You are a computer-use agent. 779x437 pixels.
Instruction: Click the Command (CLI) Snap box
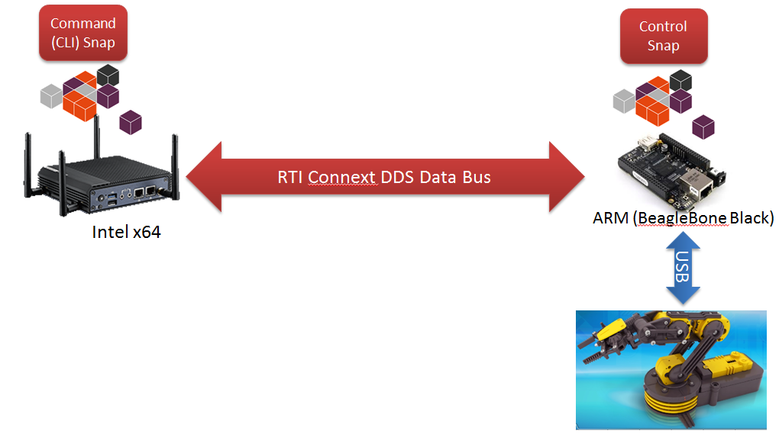(82, 34)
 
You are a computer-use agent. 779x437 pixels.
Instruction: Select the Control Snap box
(663, 36)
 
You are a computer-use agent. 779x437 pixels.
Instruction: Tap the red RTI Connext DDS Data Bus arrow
(384, 177)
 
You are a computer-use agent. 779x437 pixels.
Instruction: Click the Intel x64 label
(126, 232)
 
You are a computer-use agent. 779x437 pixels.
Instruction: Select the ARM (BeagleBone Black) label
(684, 219)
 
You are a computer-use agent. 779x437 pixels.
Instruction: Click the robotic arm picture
(671, 369)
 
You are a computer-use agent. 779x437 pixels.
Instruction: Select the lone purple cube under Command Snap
(131, 120)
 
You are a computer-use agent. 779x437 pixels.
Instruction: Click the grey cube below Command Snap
(51, 95)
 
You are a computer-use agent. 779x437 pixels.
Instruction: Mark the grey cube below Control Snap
(623, 100)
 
